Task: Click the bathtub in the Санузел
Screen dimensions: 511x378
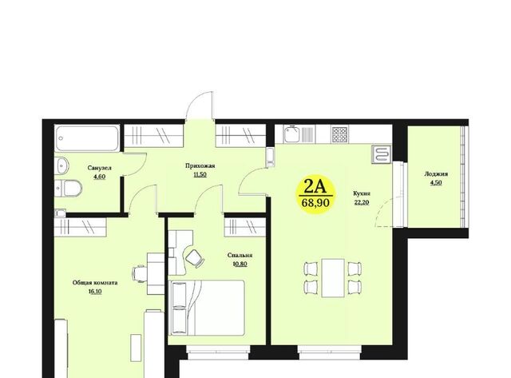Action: tap(87, 138)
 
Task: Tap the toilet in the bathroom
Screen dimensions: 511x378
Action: tap(69, 188)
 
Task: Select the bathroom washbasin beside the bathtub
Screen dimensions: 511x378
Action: tap(62, 166)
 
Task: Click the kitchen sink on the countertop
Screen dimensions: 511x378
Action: tap(291, 134)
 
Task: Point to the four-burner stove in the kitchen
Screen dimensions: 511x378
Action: tap(340, 134)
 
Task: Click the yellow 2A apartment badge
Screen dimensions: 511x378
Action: tap(315, 195)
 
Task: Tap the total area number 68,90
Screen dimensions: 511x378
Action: tap(315, 203)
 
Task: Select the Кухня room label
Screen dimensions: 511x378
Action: tap(362, 193)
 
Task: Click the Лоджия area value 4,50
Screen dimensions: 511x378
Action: tap(436, 183)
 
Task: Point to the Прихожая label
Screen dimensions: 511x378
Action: tap(200, 165)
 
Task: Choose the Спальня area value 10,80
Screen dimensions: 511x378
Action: tap(240, 264)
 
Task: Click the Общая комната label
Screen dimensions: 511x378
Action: tap(95, 283)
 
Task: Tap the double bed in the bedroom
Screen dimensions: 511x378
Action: tap(207, 308)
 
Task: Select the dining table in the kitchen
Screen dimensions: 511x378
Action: tap(333, 278)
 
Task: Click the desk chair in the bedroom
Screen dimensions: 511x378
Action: tap(195, 257)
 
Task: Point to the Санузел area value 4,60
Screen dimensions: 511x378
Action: tap(99, 177)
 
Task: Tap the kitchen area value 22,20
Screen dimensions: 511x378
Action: tap(362, 202)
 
